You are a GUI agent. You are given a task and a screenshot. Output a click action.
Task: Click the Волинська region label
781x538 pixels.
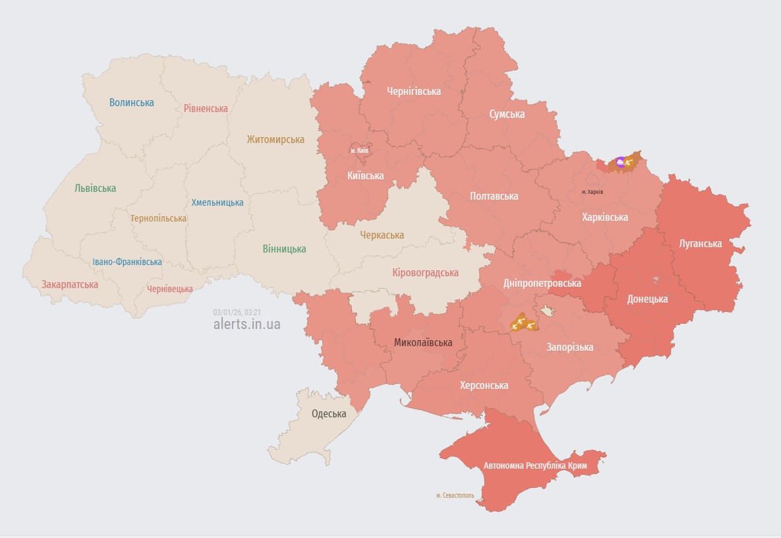tap(132, 102)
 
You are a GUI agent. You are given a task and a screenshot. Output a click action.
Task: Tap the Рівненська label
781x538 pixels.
tap(206, 108)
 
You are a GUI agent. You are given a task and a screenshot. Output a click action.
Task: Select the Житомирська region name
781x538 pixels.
tap(275, 139)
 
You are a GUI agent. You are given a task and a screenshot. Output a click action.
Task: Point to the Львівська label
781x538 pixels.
tap(96, 188)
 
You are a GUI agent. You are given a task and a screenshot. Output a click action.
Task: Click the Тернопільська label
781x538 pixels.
tap(158, 218)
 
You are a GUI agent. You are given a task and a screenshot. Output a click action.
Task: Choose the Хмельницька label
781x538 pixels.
tap(217, 202)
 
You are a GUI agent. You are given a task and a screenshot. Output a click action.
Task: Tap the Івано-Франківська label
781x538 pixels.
tap(127, 262)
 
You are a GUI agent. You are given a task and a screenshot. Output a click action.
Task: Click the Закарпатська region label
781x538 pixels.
tap(70, 285)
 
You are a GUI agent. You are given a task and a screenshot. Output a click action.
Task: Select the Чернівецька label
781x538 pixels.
tap(170, 289)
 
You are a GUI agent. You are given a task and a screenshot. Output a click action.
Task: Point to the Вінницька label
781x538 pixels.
tap(284, 249)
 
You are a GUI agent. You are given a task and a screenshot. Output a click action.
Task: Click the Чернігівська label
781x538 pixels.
tap(414, 91)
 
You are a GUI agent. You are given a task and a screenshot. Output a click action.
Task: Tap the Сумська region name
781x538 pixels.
tap(507, 114)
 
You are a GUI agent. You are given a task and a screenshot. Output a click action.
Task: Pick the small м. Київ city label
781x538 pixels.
tap(360, 151)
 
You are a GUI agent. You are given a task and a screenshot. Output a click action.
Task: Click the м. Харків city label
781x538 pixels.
tap(593, 192)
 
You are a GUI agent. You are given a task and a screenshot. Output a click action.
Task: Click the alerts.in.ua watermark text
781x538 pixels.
tap(247, 324)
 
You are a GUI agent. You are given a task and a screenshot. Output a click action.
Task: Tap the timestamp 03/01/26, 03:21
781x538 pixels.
tap(238, 312)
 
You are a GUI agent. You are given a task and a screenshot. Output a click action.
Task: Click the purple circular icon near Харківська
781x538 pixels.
tap(621, 161)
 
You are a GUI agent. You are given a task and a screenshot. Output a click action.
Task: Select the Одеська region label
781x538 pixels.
tap(329, 414)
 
